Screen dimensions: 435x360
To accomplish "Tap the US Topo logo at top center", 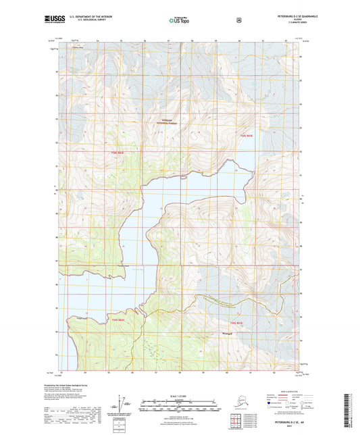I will (x=179, y=20).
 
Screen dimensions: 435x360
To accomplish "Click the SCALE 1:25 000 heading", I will (x=180, y=396).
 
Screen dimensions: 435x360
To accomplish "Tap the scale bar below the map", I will (x=180, y=407).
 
